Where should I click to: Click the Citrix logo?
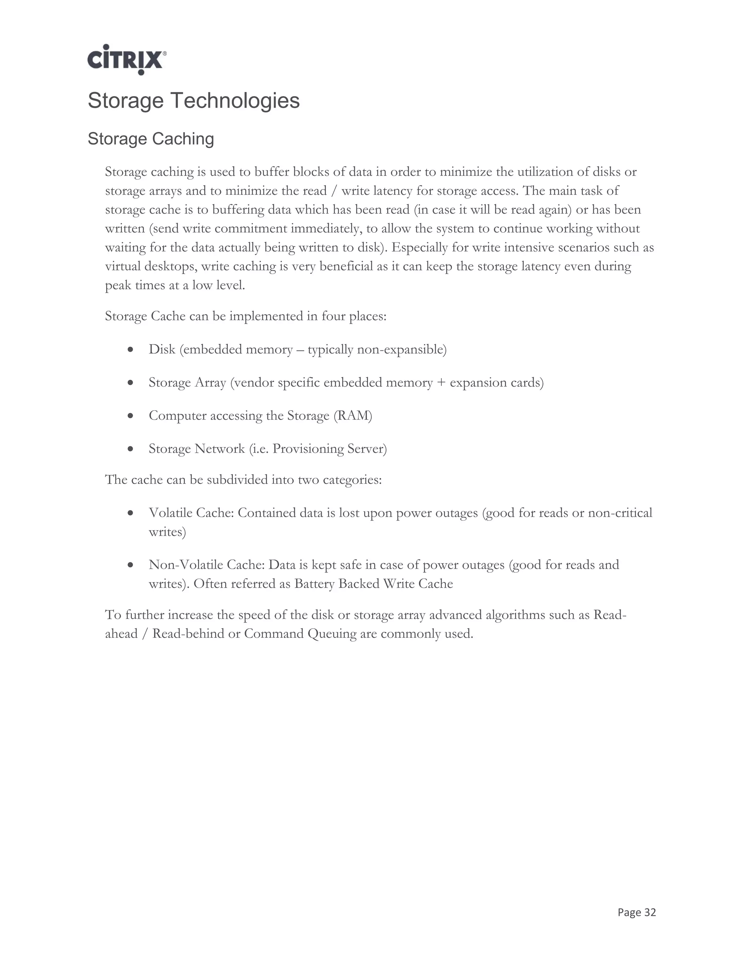pos(126,60)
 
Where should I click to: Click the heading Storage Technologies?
pos(194,101)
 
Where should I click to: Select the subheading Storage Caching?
pos(151,139)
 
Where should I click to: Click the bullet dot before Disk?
pos(130,350)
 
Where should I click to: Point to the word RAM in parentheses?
pos(353,415)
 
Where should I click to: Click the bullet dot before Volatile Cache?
pos(130,513)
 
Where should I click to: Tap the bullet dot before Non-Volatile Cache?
pos(130,565)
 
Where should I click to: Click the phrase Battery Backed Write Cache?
pos(373,584)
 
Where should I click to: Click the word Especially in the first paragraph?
pos(424,247)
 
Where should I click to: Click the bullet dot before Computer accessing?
pos(130,416)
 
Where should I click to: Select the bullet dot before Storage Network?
pos(130,449)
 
